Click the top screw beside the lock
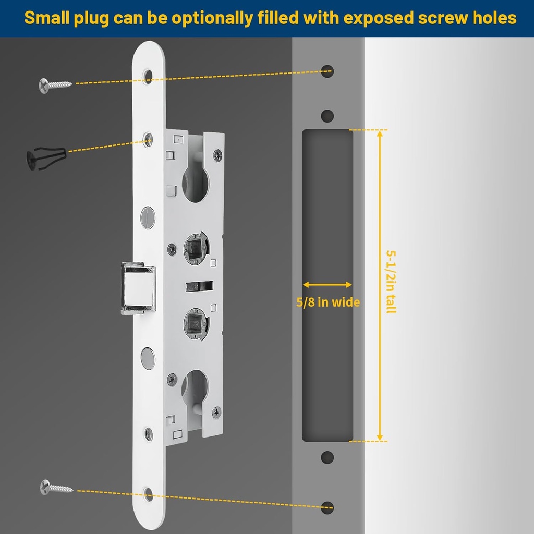point(55,84)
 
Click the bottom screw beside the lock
point(56,488)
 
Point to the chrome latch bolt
point(138,288)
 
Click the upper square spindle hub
point(196,247)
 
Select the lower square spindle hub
point(196,323)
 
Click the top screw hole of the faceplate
point(148,76)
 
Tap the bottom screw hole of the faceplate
point(148,493)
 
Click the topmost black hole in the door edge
point(327,70)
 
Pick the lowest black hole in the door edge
point(327,507)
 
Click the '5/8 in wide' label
point(328,302)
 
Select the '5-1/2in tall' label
point(391,282)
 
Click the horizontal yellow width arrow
point(327,285)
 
